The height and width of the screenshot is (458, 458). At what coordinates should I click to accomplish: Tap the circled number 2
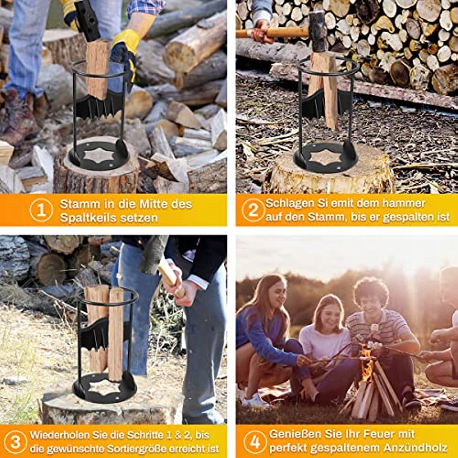click(253, 210)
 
